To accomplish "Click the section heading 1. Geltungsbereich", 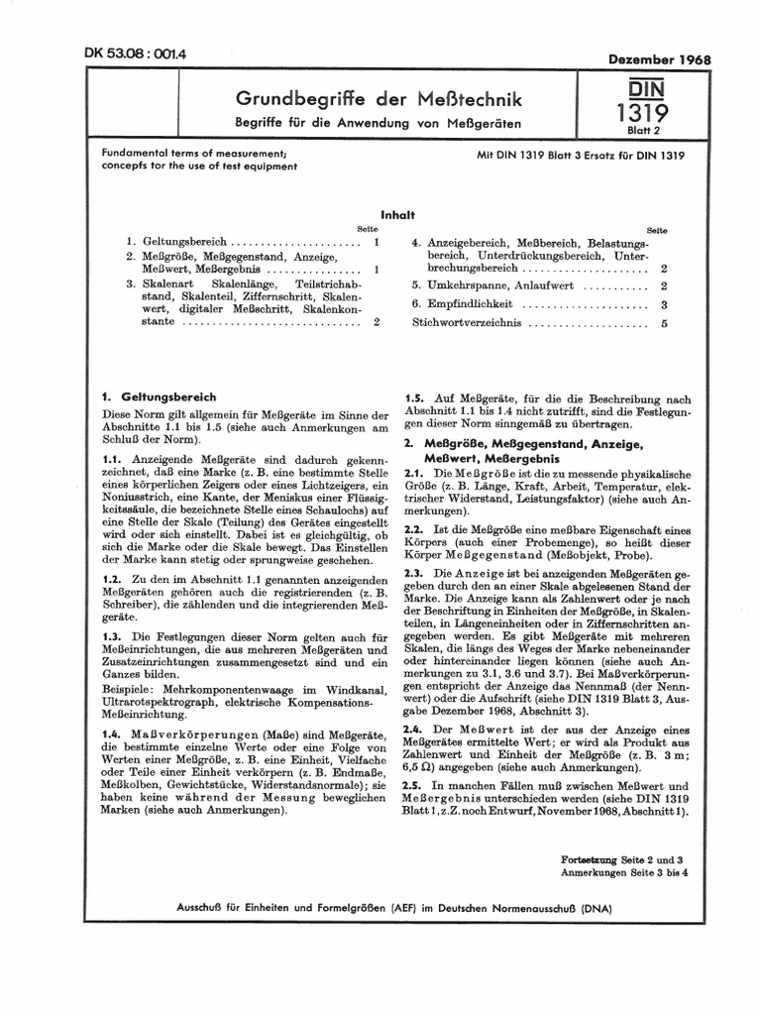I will pos(159,395).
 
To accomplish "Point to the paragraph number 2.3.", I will pos(413,573).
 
